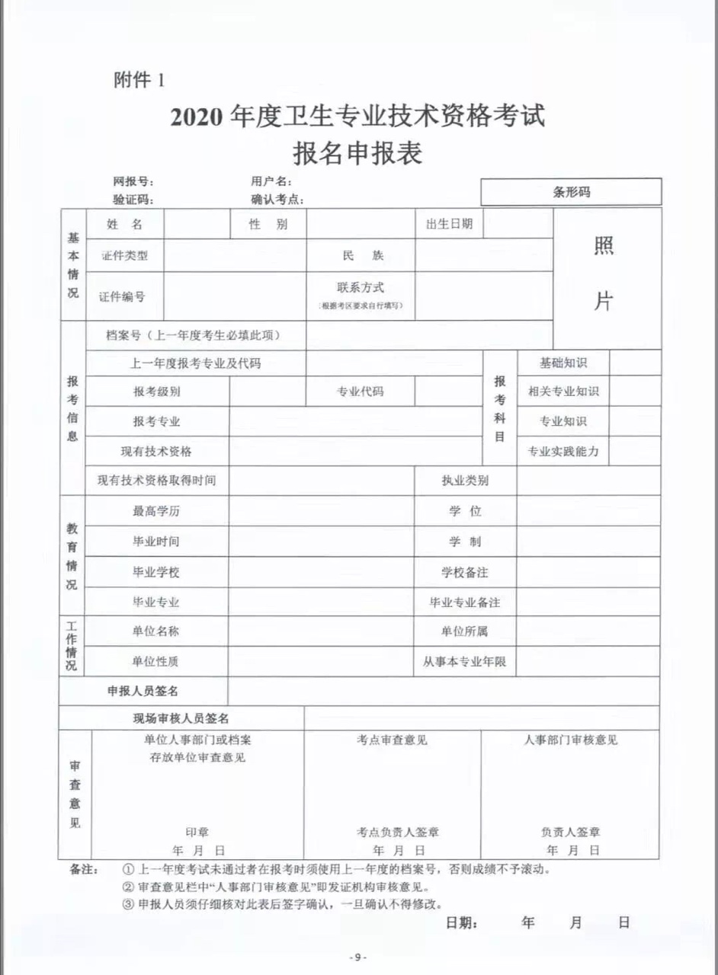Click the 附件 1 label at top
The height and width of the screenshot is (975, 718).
click(x=139, y=80)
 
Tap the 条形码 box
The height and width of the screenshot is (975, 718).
click(x=571, y=192)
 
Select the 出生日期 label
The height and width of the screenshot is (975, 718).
click(x=449, y=223)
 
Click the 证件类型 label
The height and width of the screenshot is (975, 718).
click(x=124, y=256)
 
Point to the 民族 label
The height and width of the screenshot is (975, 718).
click(x=361, y=256)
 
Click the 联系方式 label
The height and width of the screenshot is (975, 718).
click(x=361, y=288)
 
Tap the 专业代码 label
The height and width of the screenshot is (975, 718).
click(x=361, y=392)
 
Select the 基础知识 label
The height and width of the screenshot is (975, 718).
click(x=563, y=363)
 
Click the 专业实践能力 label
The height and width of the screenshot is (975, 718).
click(x=563, y=451)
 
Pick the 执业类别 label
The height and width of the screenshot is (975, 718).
click(x=465, y=481)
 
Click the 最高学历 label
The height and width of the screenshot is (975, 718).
click(x=156, y=511)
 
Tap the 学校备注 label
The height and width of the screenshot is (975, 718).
click(x=465, y=572)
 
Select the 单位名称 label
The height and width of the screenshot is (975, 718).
click(x=156, y=631)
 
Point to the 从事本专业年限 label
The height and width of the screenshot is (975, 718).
click(x=465, y=662)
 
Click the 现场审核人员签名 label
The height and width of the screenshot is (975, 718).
click(x=181, y=718)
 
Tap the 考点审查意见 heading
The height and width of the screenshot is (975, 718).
click(x=392, y=740)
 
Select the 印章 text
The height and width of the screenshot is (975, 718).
click(x=197, y=832)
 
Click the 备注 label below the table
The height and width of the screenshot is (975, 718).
click(x=83, y=869)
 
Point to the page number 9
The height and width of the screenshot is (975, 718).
click(x=358, y=957)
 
